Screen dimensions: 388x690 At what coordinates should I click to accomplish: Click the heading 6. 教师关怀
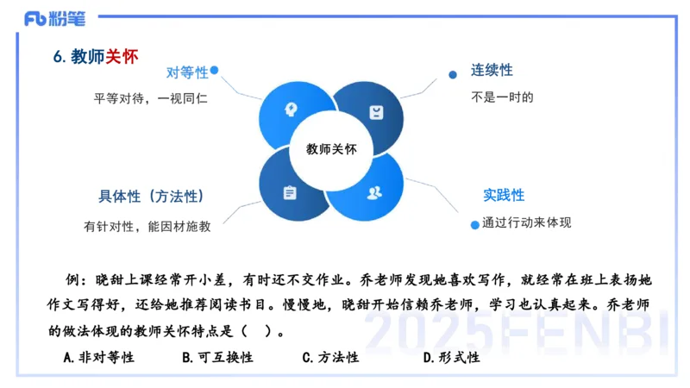[x=95, y=57]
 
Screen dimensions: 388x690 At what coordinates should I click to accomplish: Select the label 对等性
[x=187, y=73]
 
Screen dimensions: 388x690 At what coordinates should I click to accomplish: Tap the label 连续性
[x=492, y=70]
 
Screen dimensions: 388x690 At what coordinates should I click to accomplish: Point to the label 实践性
[x=503, y=196]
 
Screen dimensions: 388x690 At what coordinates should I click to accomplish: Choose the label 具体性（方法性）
[x=151, y=196]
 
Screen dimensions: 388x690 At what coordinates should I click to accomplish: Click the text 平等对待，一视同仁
[x=151, y=98]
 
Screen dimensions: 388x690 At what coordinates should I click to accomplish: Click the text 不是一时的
[x=502, y=97]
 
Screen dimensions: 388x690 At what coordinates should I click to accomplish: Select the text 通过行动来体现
[x=526, y=222]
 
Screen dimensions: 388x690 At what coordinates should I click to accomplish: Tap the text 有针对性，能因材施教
[x=147, y=226]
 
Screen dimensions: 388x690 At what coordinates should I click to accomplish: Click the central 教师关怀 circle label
[x=332, y=149]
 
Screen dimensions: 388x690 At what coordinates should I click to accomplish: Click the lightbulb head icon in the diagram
[x=290, y=110]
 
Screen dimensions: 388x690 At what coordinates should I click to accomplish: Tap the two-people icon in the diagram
[x=374, y=191]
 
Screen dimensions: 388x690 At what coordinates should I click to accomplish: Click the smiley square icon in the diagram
[x=376, y=112]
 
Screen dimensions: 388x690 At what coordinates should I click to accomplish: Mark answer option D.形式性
[x=451, y=357]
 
